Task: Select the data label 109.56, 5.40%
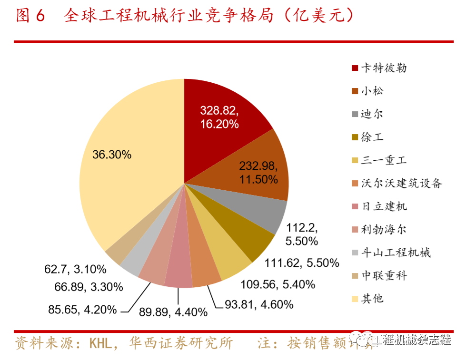point(278,284)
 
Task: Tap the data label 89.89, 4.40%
point(173,312)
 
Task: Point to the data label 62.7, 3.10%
point(75,270)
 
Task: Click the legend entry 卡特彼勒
point(384,68)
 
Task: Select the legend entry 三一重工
point(384,160)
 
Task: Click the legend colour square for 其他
point(355,299)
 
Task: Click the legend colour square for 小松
point(355,91)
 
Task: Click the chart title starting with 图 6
point(186,17)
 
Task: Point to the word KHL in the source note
point(102,343)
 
